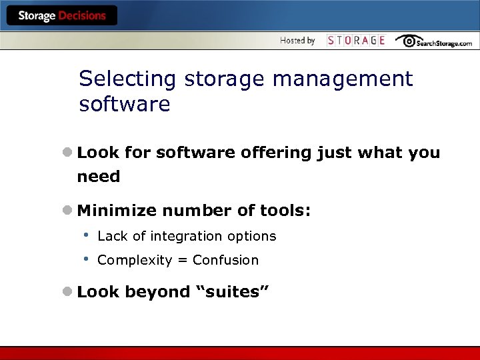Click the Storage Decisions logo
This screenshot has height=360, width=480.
[x=61, y=16]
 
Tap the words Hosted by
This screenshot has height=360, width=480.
[x=297, y=41]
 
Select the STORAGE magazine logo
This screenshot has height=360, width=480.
[x=356, y=41]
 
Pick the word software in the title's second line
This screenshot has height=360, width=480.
[x=125, y=105]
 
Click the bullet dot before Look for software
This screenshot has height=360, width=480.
[x=68, y=153]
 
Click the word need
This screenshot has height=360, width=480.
[x=99, y=177]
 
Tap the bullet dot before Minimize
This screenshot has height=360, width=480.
[x=68, y=211]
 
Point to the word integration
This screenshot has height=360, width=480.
[x=186, y=236]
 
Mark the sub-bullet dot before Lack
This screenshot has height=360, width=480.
[x=86, y=235]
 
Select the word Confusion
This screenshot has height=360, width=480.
[x=225, y=260]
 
